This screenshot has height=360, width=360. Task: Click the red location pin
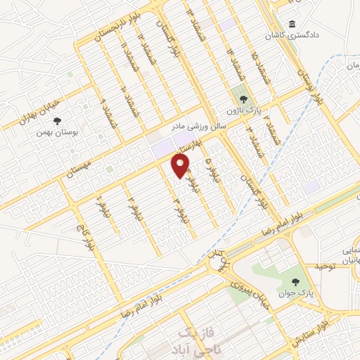point(181,166)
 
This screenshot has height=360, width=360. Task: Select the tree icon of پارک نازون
point(243,99)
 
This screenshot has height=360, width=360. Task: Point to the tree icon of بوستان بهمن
point(57,120)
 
